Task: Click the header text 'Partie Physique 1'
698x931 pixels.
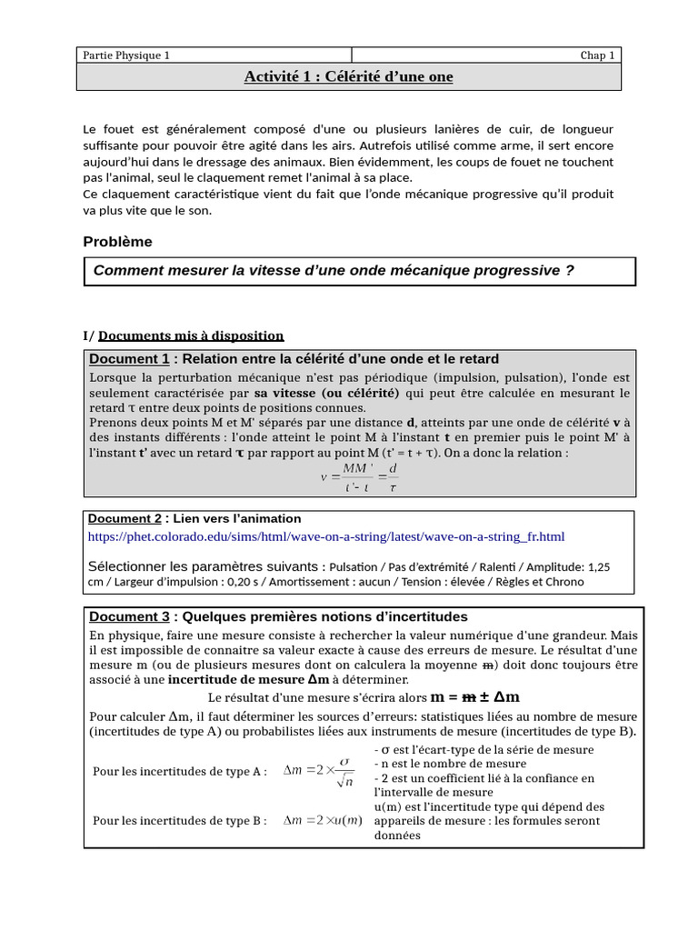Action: click(126, 55)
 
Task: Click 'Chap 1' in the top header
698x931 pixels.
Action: click(598, 55)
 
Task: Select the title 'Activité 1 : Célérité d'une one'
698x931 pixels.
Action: click(348, 76)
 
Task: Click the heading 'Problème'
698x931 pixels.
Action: click(117, 242)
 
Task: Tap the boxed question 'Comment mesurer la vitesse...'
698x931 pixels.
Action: click(334, 271)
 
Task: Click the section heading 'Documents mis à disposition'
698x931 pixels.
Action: click(191, 335)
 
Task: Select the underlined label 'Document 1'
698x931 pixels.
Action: click(129, 359)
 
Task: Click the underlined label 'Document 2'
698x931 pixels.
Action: click(125, 518)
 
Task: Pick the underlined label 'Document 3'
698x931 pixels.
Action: click(129, 616)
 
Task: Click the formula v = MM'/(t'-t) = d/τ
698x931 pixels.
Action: click(359, 477)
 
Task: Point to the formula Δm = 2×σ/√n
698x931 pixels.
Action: click(318, 771)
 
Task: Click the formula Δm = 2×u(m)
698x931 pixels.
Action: click(323, 820)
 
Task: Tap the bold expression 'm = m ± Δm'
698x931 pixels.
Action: click(474, 697)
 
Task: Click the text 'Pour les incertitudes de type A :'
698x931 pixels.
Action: click(180, 772)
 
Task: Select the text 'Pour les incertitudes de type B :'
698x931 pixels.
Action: click(180, 821)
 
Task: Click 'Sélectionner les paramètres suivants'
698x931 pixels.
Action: click(205, 566)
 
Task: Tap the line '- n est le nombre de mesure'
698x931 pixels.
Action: click(450, 764)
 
